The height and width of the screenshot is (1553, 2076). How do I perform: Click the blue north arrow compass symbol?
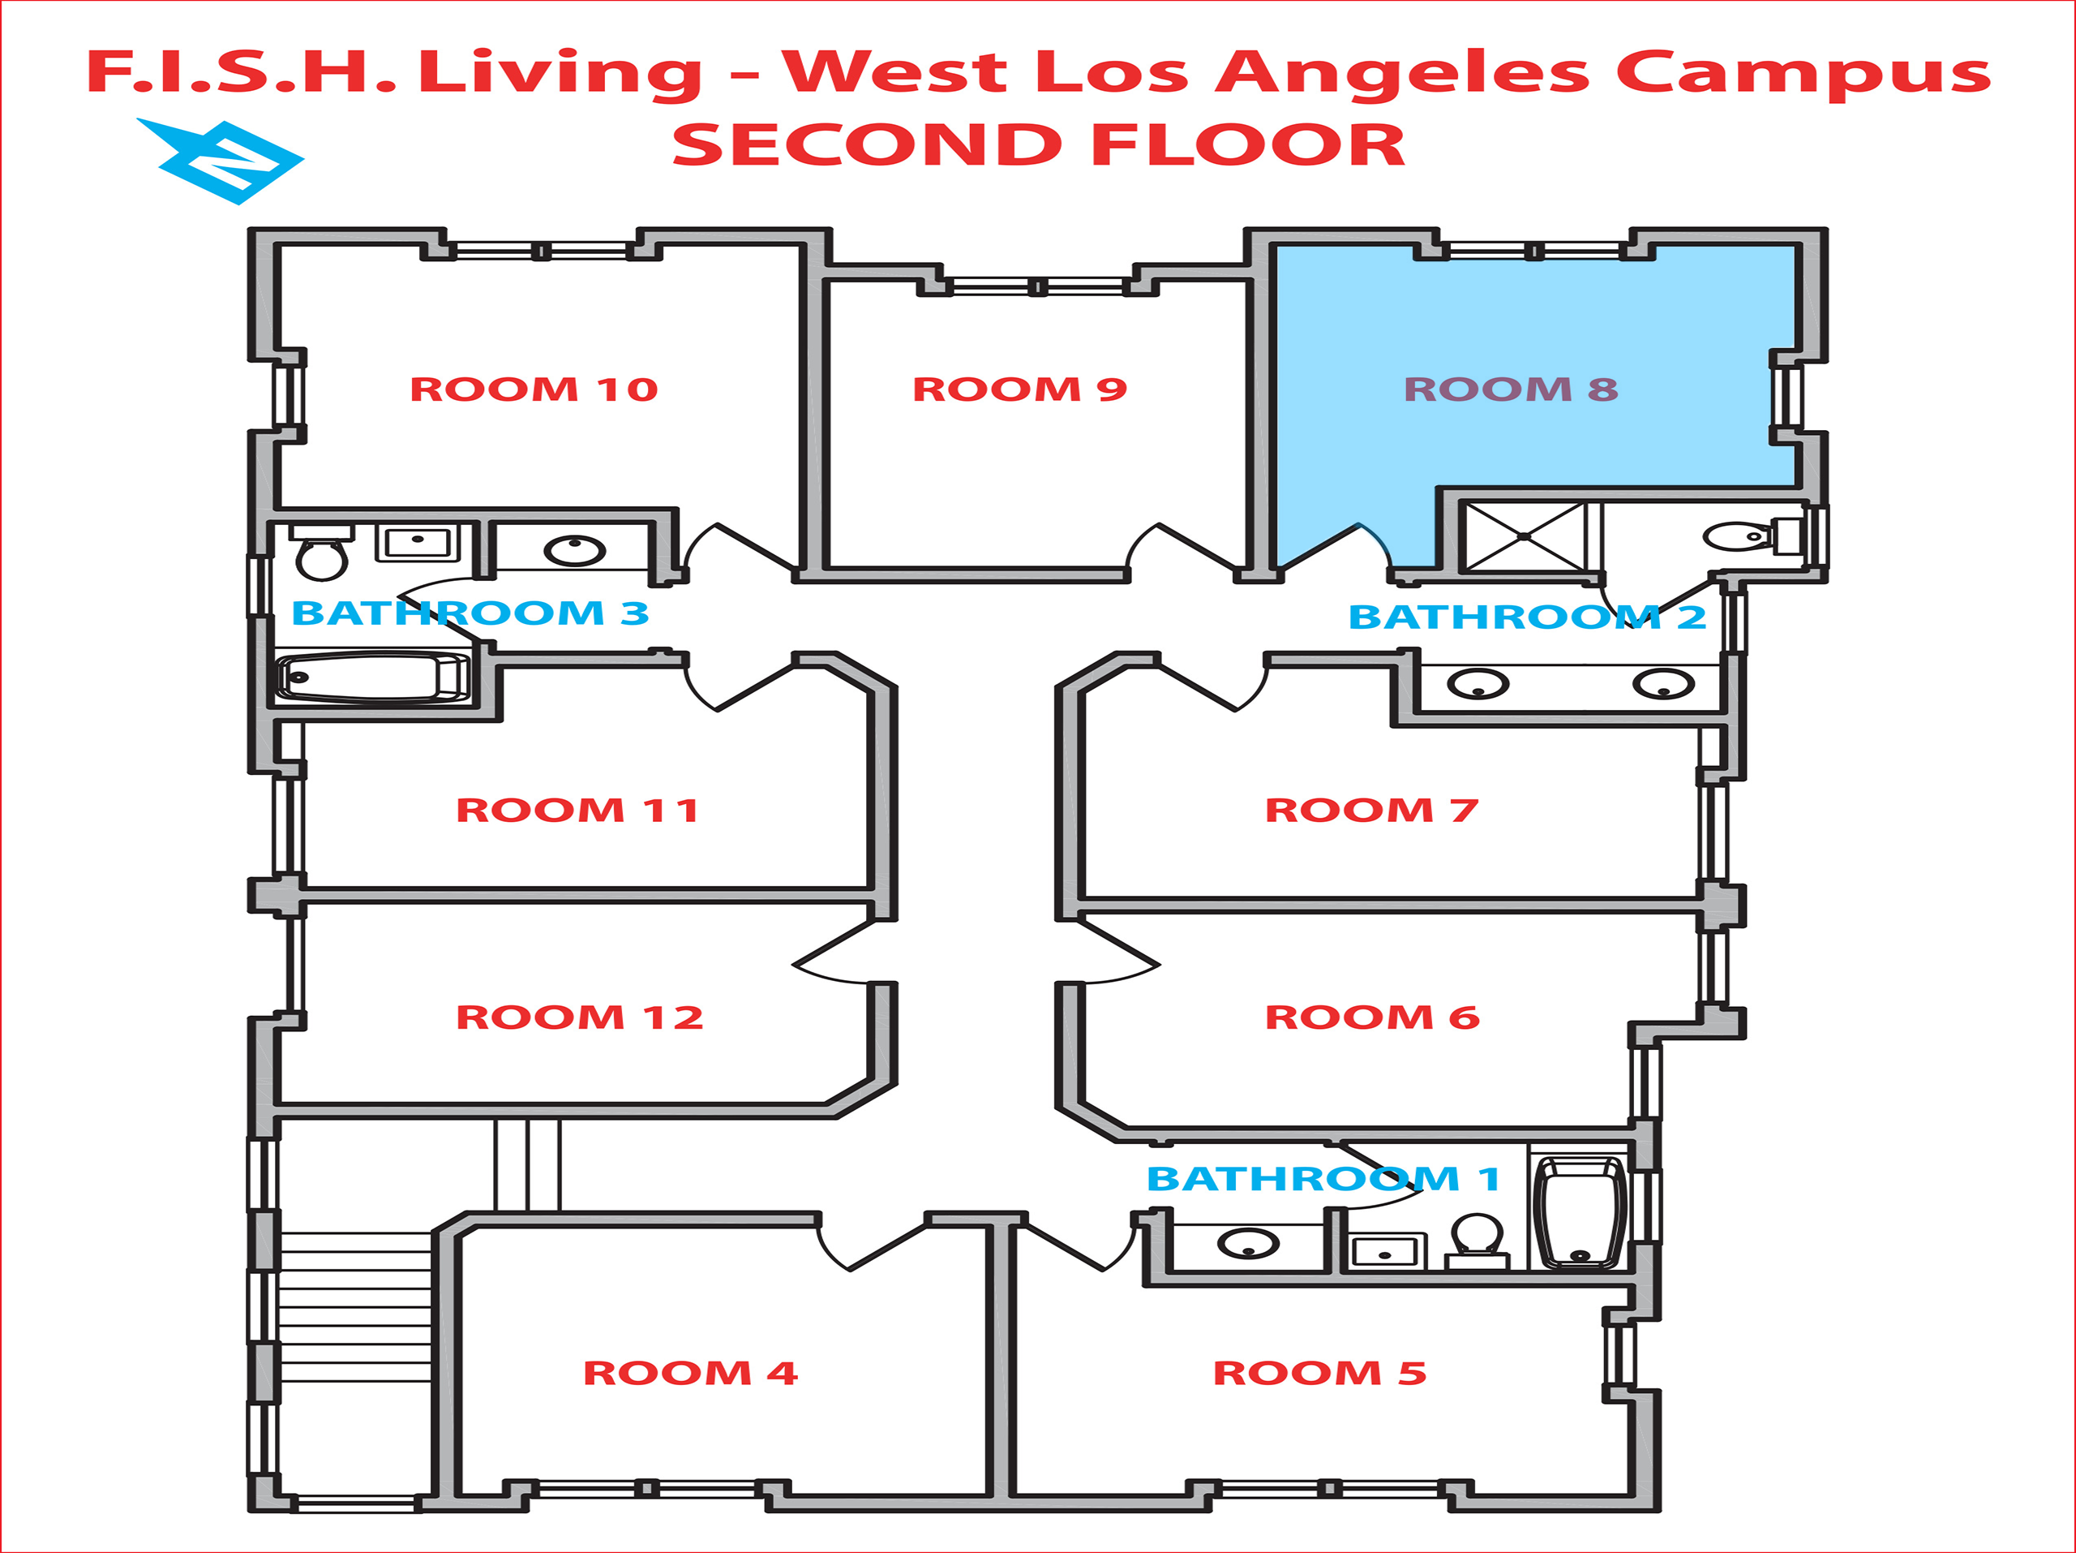point(225,161)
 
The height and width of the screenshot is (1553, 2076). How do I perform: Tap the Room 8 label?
point(1510,389)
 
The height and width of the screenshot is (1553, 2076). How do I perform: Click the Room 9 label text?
point(1019,389)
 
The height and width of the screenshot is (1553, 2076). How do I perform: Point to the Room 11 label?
point(577,811)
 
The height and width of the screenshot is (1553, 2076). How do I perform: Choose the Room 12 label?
point(579,1017)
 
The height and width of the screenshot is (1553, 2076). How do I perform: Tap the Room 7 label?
point(1371,811)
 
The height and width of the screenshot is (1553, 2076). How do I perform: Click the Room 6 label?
point(1371,1017)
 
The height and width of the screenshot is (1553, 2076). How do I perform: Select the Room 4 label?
point(690,1373)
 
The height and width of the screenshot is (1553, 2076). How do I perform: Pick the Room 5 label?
point(1319,1373)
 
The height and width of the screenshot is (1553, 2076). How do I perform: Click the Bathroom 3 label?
point(470,613)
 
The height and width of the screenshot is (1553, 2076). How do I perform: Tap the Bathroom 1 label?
point(1323,1178)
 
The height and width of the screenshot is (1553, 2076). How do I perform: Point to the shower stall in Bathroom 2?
point(1523,536)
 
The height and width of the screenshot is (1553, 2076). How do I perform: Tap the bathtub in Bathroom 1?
point(1580,1212)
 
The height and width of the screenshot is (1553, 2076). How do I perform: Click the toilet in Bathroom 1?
point(1476,1238)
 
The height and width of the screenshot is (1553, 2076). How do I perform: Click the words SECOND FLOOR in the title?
point(1038,145)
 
